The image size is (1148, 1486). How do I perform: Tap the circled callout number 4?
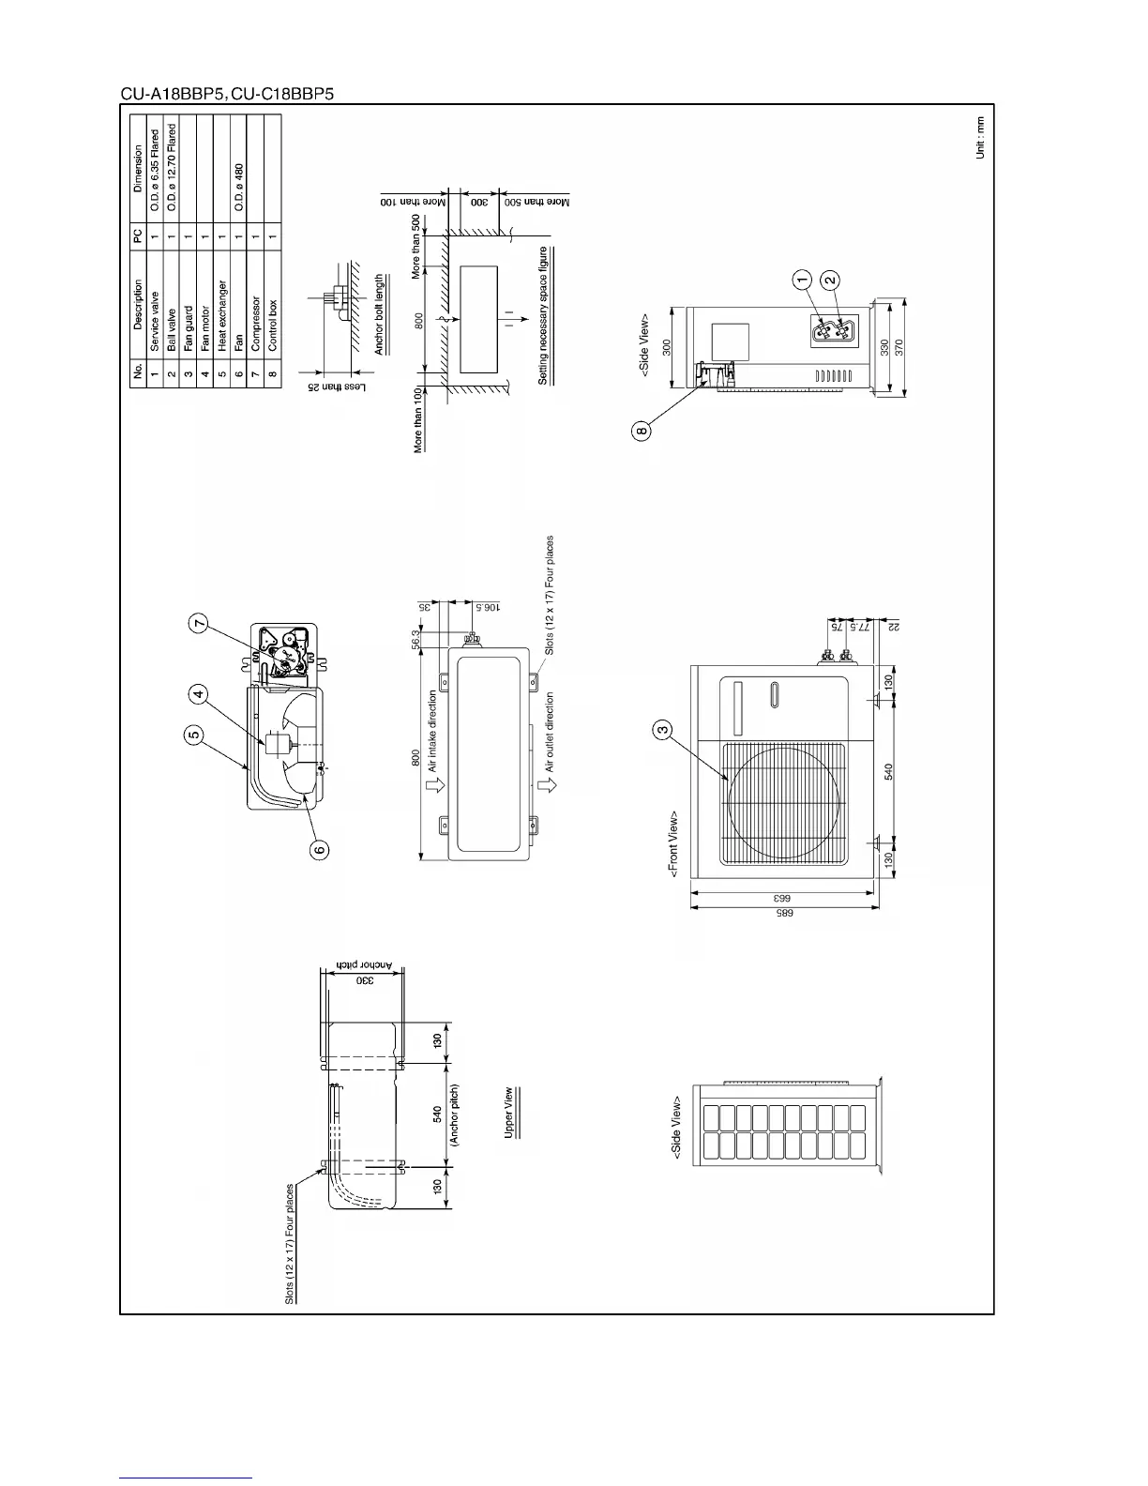(x=198, y=695)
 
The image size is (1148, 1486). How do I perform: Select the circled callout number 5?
(x=193, y=736)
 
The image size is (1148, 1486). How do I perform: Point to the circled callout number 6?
(x=320, y=850)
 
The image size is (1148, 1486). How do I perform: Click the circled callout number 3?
(x=662, y=728)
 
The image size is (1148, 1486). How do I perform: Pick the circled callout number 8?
(x=641, y=432)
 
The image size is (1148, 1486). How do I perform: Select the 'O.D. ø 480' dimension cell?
(x=239, y=188)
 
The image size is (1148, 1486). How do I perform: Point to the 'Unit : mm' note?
(x=980, y=137)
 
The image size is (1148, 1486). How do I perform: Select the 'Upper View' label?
(x=509, y=1113)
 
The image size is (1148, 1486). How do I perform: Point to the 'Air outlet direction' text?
(x=551, y=732)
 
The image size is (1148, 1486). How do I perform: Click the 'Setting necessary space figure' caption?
(x=543, y=315)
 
